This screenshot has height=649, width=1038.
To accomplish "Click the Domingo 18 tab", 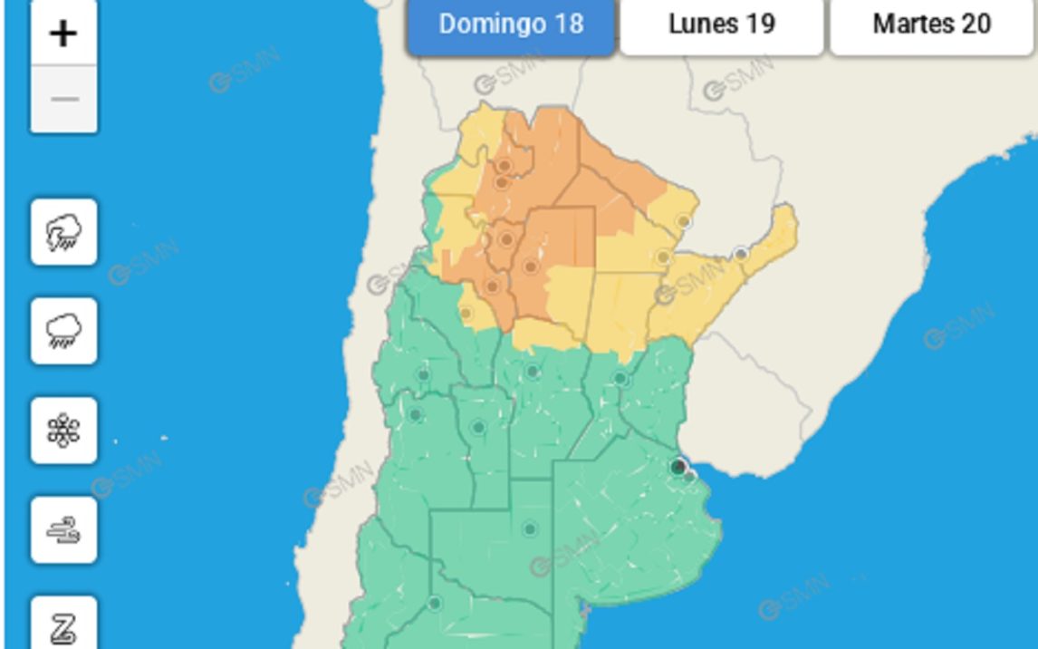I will [511, 24].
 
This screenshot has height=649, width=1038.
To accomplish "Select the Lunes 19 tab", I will [722, 24].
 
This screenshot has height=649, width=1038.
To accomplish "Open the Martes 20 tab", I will [931, 24].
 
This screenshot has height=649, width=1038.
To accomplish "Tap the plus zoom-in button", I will [63, 34].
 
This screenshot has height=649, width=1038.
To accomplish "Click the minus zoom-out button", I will [63, 99].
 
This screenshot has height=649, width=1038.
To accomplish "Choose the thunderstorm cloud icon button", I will [63, 232].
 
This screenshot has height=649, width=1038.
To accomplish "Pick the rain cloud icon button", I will [63, 331].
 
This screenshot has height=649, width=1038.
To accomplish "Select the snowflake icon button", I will [63, 431].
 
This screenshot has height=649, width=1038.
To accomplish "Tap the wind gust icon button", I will [63, 529].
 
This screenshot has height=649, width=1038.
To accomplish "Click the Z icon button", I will [63, 625].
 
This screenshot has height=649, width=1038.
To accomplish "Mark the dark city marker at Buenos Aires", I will [678, 467].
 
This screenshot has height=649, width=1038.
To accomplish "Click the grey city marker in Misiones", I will [741, 254].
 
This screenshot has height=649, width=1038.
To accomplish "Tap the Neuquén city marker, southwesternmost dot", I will [435, 604].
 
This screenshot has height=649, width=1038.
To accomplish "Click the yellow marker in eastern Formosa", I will [685, 222].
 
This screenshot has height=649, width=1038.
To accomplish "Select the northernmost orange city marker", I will [504, 166].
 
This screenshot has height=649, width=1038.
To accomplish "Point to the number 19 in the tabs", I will [759, 24].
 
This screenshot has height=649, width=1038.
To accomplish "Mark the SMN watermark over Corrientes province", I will [690, 283].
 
